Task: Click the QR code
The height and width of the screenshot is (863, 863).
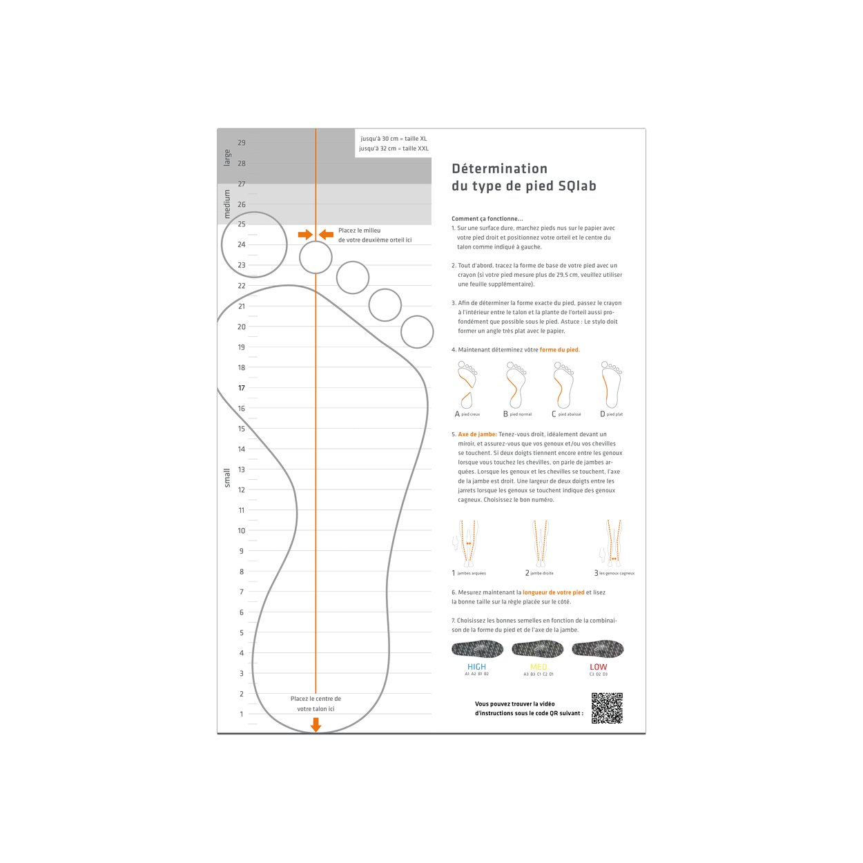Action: coord(607,708)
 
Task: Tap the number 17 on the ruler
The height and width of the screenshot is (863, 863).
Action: coord(242,388)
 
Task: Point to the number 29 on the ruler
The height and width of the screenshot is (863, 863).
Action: coord(242,143)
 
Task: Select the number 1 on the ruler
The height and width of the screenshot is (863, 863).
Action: coord(242,714)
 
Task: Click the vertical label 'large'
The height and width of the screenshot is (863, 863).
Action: coord(227,157)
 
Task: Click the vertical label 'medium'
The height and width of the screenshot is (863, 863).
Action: coord(227,204)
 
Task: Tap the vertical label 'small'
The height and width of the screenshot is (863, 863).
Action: coord(227,478)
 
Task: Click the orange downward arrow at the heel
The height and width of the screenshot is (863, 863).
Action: coord(316,724)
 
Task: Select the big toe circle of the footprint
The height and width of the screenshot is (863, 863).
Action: coord(254,244)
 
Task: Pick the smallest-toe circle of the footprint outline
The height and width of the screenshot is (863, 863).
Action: coord(417,332)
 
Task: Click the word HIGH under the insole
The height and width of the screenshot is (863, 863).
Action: coord(476,667)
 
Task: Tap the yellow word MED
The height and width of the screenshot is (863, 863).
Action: coord(539,667)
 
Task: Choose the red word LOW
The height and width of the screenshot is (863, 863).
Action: coord(599,667)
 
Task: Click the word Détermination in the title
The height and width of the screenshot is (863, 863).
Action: coord(499,168)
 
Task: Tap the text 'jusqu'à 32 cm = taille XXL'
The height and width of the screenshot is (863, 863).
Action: coord(394,148)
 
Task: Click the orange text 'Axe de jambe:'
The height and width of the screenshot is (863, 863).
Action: coord(477,434)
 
